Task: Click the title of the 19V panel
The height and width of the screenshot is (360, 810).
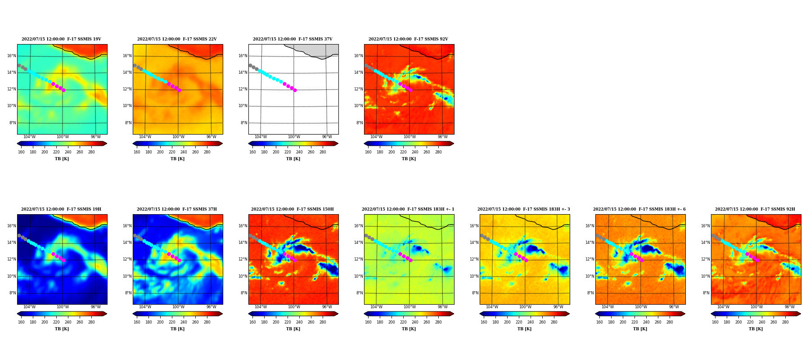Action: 61,39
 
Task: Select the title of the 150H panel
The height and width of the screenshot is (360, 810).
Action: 292,209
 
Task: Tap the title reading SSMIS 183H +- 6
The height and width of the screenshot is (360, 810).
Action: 639,209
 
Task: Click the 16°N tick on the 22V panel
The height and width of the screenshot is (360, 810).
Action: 127,56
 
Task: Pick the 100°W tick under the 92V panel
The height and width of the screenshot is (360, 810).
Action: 409,137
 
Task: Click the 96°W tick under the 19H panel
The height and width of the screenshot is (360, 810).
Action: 96,307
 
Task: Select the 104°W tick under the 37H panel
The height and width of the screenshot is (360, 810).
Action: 145,307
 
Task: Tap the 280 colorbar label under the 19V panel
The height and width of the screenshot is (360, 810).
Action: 91,152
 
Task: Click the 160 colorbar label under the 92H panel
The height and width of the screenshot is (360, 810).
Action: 715,322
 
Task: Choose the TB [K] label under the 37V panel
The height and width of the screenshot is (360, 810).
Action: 293,159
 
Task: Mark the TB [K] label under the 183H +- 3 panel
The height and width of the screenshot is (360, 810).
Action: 524,329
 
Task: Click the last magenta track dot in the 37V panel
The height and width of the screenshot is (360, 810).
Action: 295,90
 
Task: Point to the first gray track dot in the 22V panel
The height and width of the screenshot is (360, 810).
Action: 135,66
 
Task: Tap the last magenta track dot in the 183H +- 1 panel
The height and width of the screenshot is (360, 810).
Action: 410,260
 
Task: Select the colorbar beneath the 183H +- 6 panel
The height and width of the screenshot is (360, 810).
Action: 640,314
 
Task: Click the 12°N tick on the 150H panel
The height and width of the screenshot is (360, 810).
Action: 243,259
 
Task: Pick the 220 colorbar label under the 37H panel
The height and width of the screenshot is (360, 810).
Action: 172,322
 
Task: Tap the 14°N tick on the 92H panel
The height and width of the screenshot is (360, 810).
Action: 706,243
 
